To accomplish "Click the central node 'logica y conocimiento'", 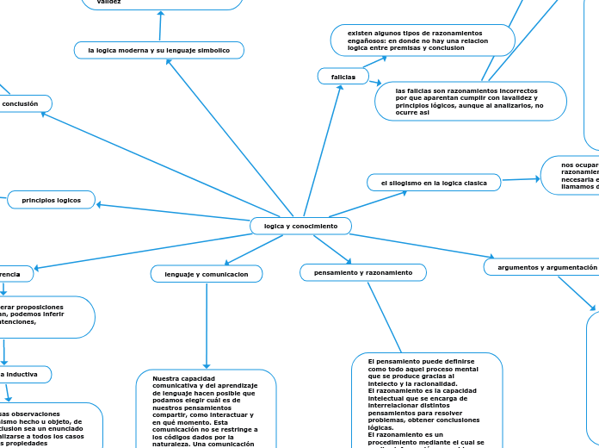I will (x=300, y=226).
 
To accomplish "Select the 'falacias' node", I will (x=343, y=77).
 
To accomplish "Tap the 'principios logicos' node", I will (x=52, y=200).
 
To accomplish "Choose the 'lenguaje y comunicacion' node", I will (x=207, y=274).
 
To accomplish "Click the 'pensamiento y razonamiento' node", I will (x=363, y=272).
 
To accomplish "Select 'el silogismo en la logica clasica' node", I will (x=434, y=183).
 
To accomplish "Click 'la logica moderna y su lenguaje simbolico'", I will (x=159, y=51).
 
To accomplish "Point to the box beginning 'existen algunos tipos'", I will (x=423, y=40).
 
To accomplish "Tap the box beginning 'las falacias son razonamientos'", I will (x=470, y=101).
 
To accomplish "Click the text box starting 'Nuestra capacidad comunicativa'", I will (x=206, y=409).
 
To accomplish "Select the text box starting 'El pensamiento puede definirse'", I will (x=427, y=401).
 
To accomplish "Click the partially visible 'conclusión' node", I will (x=22, y=103).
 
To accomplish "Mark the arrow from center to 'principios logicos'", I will (x=172, y=211).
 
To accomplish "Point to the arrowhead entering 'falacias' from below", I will (x=341, y=88).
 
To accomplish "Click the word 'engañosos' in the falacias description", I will (x=369, y=40).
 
